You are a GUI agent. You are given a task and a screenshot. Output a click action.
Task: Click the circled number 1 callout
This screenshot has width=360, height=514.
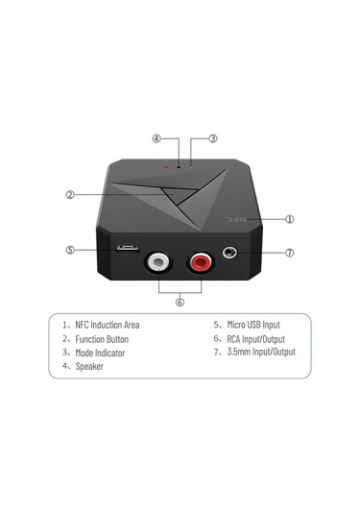click(289, 218)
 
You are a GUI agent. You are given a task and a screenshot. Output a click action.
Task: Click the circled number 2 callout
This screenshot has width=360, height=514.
click(70, 194)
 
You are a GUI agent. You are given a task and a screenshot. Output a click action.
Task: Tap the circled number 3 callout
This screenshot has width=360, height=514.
click(212, 138)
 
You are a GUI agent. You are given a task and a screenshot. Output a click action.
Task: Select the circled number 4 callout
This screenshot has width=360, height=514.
click(156, 138)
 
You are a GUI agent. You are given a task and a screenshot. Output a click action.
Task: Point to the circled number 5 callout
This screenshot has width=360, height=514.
click(70, 250)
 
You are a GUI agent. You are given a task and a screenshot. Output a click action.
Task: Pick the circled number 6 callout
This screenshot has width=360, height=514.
click(179, 301)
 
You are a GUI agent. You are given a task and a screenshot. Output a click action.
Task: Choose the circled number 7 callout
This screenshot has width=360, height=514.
click(289, 253)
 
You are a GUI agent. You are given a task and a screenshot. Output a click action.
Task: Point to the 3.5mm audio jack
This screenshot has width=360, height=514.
click(230, 255)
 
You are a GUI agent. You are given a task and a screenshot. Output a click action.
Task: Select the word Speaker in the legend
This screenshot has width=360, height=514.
click(92, 366)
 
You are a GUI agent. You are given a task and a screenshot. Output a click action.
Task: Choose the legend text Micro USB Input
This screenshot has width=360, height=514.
click(252, 325)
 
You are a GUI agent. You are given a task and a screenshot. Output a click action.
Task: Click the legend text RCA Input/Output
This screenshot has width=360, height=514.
click(252, 339)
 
